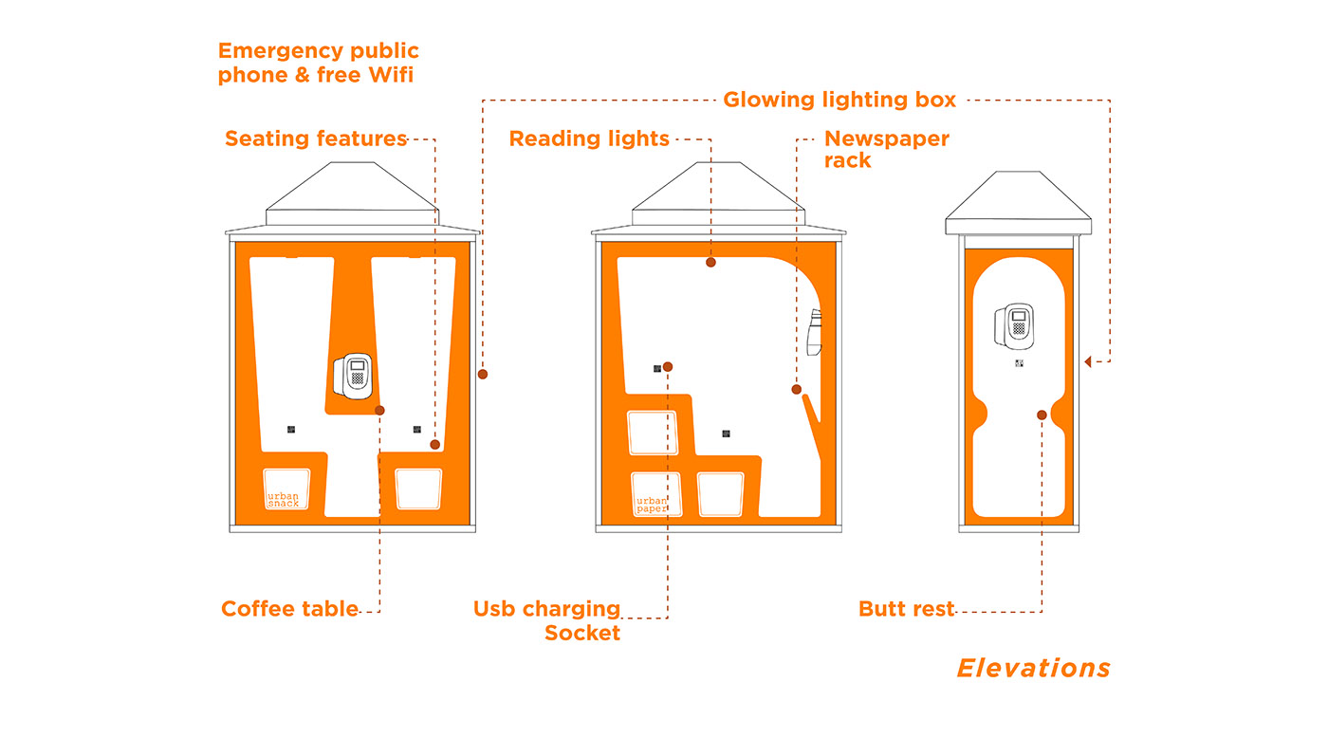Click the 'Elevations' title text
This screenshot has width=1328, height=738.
pyautogui.click(x=1033, y=669)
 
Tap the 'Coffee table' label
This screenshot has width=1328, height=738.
pyautogui.click(x=289, y=609)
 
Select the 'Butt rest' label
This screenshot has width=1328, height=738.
pyautogui.click(x=906, y=609)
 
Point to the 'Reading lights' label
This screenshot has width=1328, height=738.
pyautogui.click(x=589, y=138)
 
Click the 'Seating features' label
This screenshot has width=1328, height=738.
pyautogui.click(x=316, y=138)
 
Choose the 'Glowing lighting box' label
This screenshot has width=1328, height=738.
pyautogui.click(x=839, y=100)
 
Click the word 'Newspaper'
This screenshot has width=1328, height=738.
pyautogui.click(x=886, y=138)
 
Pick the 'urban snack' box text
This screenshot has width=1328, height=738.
pyautogui.click(x=283, y=500)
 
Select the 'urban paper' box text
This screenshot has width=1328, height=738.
pyautogui.click(x=652, y=505)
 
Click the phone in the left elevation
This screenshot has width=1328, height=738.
pyautogui.click(x=354, y=376)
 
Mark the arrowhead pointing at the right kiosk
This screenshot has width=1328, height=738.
pyautogui.click(x=1088, y=360)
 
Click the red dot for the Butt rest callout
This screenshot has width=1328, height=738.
pyautogui.click(x=1042, y=415)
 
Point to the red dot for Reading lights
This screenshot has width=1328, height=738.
pyautogui.click(x=710, y=262)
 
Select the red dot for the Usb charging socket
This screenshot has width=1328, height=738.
pyautogui.click(x=668, y=366)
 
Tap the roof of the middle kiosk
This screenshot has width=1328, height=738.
pyautogui.click(x=717, y=194)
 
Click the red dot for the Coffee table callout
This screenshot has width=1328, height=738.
pyautogui.click(x=379, y=410)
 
